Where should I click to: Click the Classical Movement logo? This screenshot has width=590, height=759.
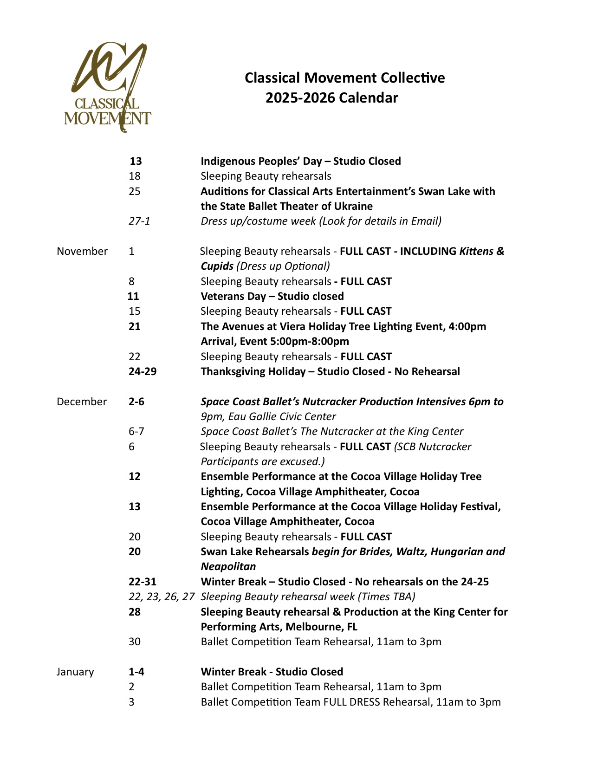pyautogui.click(x=108, y=87)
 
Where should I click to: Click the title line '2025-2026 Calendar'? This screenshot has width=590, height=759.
pyautogui.click(x=331, y=98)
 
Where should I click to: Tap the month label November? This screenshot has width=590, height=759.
pyautogui.click(x=82, y=251)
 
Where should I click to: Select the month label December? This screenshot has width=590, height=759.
pyautogui.click(x=82, y=402)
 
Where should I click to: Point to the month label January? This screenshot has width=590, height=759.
pyautogui.click(x=75, y=672)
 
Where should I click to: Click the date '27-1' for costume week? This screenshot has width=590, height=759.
pyautogui.click(x=139, y=221)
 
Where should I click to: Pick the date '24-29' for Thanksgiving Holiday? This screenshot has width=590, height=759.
pyautogui.click(x=143, y=371)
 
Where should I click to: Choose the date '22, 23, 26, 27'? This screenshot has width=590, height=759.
pyautogui.click(x=161, y=597)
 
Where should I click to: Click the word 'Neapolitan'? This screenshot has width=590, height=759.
pyautogui.click(x=228, y=566)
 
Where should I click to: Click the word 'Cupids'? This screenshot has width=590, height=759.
pyautogui.click(x=217, y=266)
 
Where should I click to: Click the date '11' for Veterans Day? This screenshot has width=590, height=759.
pyautogui.click(x=133, y=296)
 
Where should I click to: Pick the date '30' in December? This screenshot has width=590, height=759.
pyautogui.click(x=135, y=642)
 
